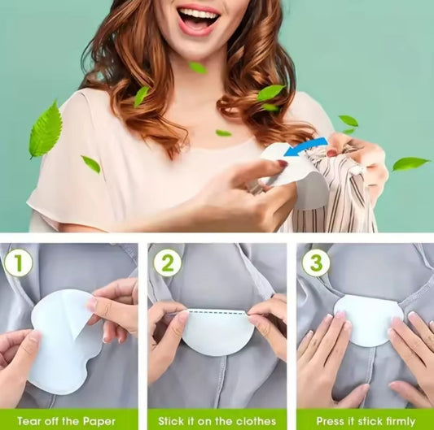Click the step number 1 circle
(x=20, y=263)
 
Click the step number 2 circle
(x=168, y=263)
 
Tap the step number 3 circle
(x=316, y=263)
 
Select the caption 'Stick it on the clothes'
(x=217, y=421)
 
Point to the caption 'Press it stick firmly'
(x=365, y=421)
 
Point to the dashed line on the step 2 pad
(x=217, y=311)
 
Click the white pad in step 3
(x=368, y=319)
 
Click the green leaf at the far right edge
(x=410, y=163)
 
